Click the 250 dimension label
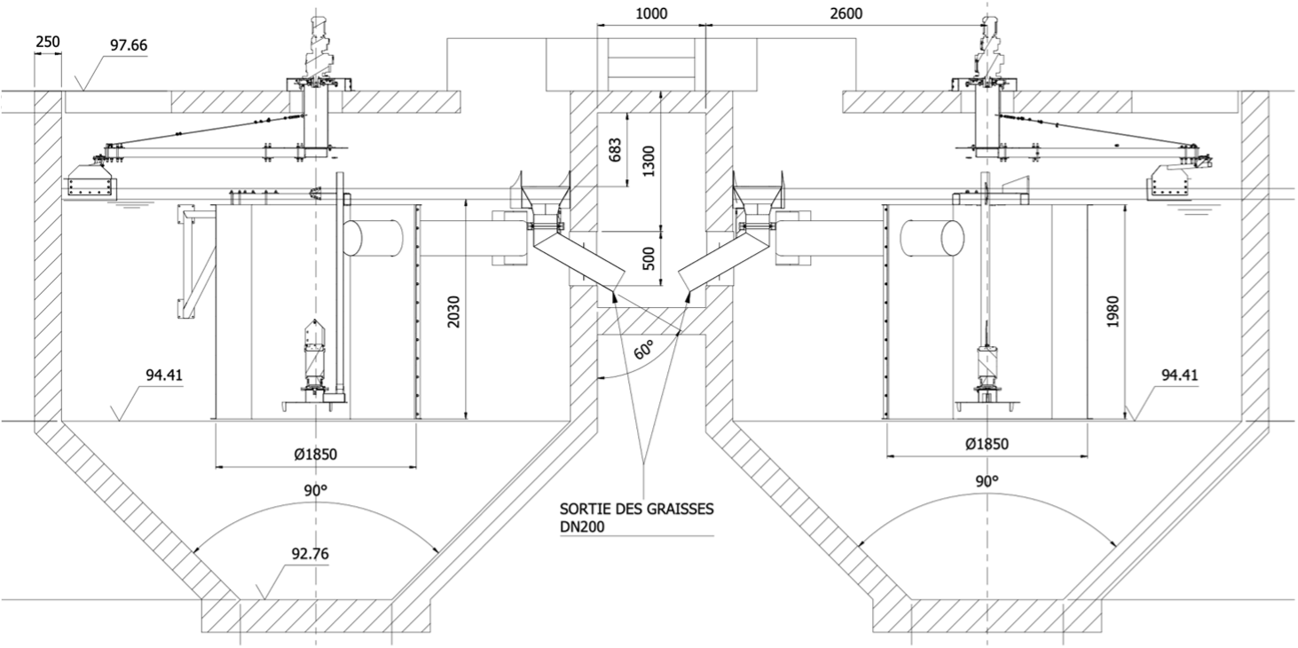pyautogui.click(x=48, y=43)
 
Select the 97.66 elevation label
pyautogui.click(x=129, y=45)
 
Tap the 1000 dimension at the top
pyautogui.click(x=652, y=13)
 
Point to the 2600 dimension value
pyautogui.click(x=846, y=13)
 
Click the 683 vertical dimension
pyautogui.click(x=616, y=150)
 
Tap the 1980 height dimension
pyautogui.click(x=1113, y=312)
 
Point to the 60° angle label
pyautogui.click(x=643, y=350)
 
